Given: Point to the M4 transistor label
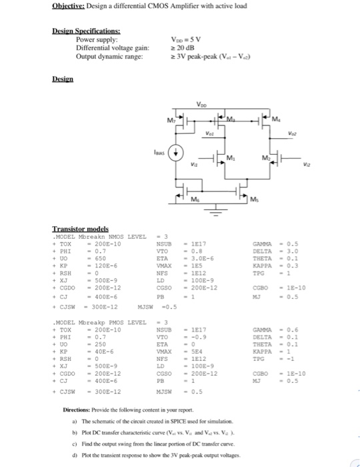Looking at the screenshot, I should pyautogui.click(x=276, y=119).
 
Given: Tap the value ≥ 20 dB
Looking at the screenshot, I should pyautogui.click(x=181, y=47).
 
